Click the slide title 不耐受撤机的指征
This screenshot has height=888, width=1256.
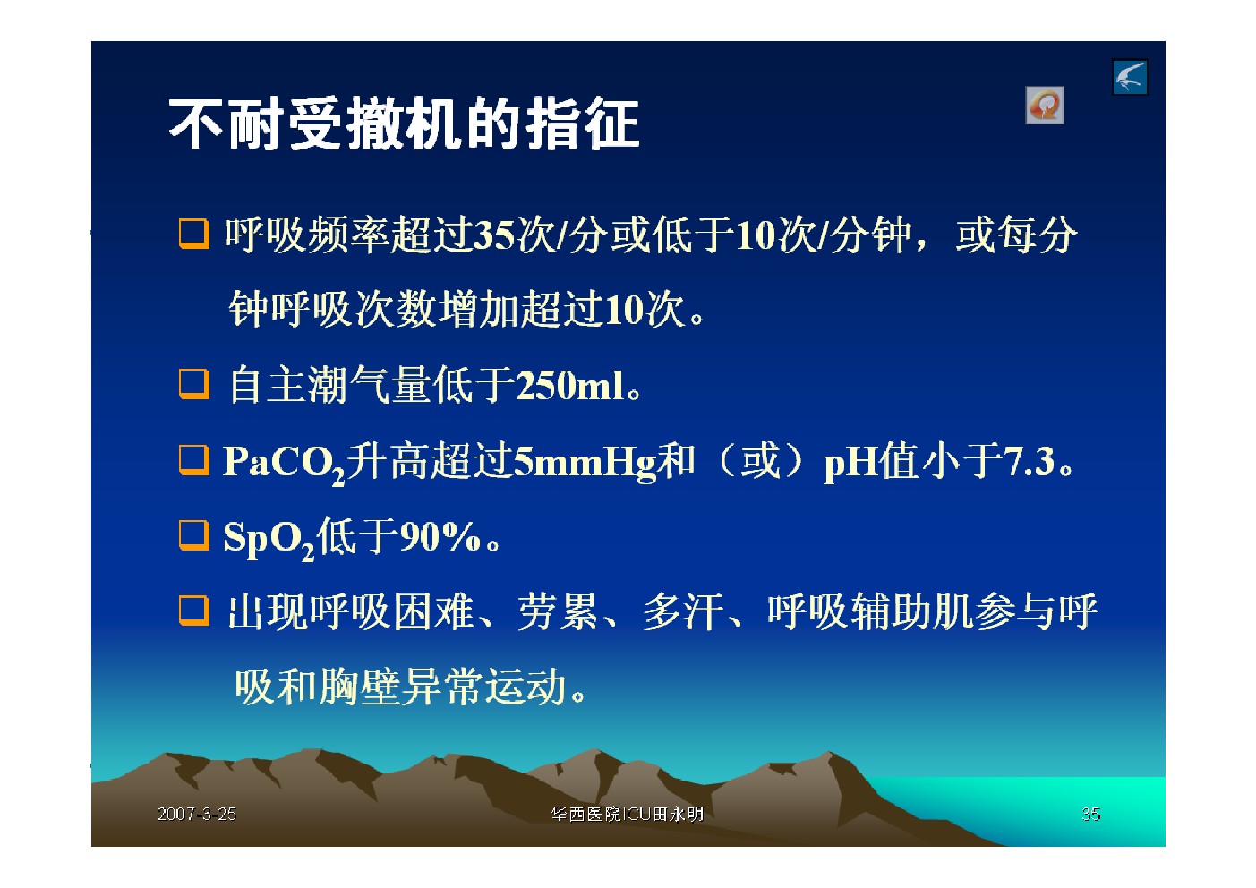[404, 124]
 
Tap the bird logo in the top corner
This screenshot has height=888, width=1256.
[1130, 77]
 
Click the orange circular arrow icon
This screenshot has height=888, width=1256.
[1044, 105]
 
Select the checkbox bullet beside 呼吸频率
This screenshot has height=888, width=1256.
[194, 234]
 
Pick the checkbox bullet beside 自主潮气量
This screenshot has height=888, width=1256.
[194, 384]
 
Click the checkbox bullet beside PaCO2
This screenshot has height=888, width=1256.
[194, 460]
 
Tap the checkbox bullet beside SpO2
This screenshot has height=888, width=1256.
[194, 535]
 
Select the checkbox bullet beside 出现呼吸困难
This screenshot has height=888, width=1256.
[194, 610]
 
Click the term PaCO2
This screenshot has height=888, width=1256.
[284, 465]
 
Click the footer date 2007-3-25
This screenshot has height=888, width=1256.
[196, 814]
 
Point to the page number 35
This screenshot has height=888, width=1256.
[1090, 814]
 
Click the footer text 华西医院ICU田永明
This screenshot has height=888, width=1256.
[627, 814]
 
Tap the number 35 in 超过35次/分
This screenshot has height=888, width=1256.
[494, 235]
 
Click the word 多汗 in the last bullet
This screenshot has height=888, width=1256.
[683, 611]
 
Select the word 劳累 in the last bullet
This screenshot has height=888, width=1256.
[558, 611]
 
